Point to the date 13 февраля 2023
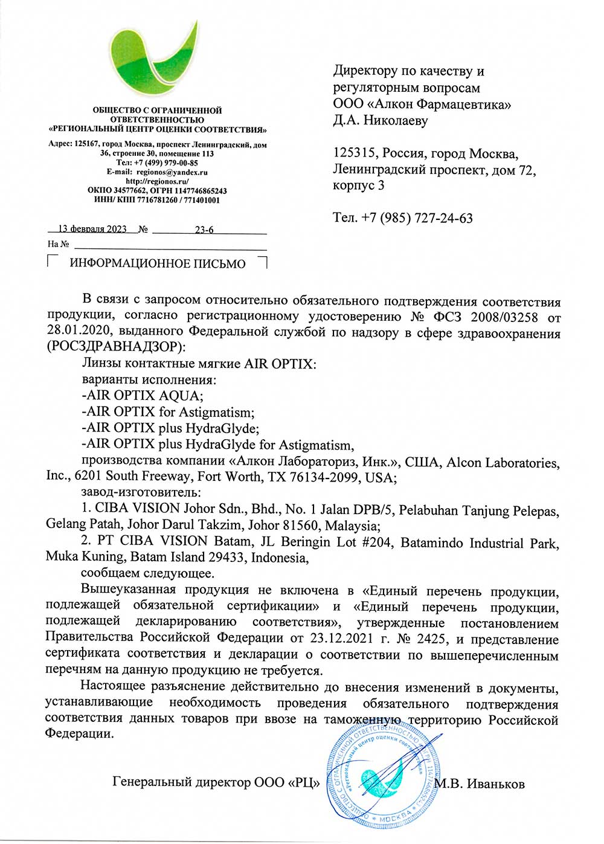[92, 229]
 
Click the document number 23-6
[204, 230]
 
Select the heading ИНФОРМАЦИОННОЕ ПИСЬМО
[158, 263]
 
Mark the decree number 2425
[432, 639]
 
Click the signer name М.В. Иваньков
[480, 784]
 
